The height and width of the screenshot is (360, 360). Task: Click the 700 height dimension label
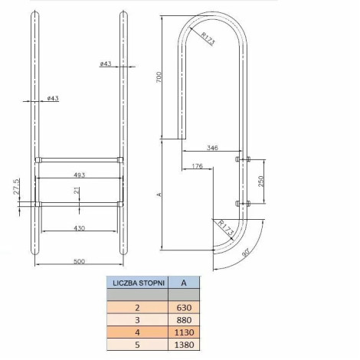pyautogui.click(x=159, y=77)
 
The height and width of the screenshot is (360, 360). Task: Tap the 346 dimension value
pyautogui.click(x=212, y=148)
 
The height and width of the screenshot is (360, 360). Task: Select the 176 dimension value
pyautogui.click(x=197, y=166)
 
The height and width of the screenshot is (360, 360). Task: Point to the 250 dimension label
pyautogui.click(x=260, y=182)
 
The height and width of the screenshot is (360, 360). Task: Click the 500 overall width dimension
pyautogui.click(x=79, y=261)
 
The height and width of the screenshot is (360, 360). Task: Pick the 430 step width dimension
pyautogui.click(x=79, y=227)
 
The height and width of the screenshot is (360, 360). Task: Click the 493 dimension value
pyautogui.click(x=79, y=175)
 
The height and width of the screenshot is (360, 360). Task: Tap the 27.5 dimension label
pyautogui.click(x=16, y=187)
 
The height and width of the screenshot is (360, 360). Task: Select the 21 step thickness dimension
pyautogui.click(x=77, y=191)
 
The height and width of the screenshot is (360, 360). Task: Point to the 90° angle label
pyautogui.click(x=246, y=253)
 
